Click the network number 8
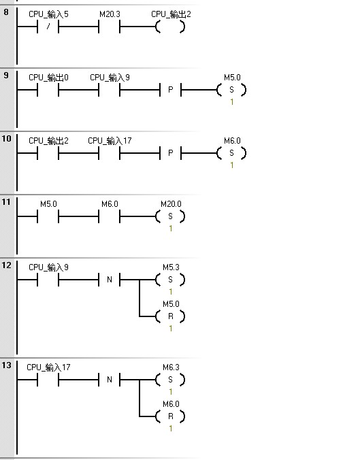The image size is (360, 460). point(6,12)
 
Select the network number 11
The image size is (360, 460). point(6,202)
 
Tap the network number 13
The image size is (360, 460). point(6,365)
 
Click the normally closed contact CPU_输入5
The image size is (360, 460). point(48,27)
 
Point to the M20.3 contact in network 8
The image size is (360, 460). point(109,27)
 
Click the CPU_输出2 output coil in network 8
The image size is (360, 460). point(170,27)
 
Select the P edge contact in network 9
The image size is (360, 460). point(170,90)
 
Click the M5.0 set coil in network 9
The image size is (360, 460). point(231,90)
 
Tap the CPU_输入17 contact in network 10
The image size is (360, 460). point(109,153)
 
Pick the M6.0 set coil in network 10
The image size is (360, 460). point(231,153)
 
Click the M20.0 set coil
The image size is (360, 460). point(170,216)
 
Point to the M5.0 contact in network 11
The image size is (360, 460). point(48,216)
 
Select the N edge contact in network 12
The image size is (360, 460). point(109,280)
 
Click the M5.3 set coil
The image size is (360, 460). point(170,280)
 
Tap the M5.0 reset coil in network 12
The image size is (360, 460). point(170,316)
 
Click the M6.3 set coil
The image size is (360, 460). point(170,380)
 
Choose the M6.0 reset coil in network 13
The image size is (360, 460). point(170,416)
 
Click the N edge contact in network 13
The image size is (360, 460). point(109,380)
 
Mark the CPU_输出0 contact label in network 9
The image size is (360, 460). point(48,78)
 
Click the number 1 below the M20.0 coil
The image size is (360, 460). point(170,229)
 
